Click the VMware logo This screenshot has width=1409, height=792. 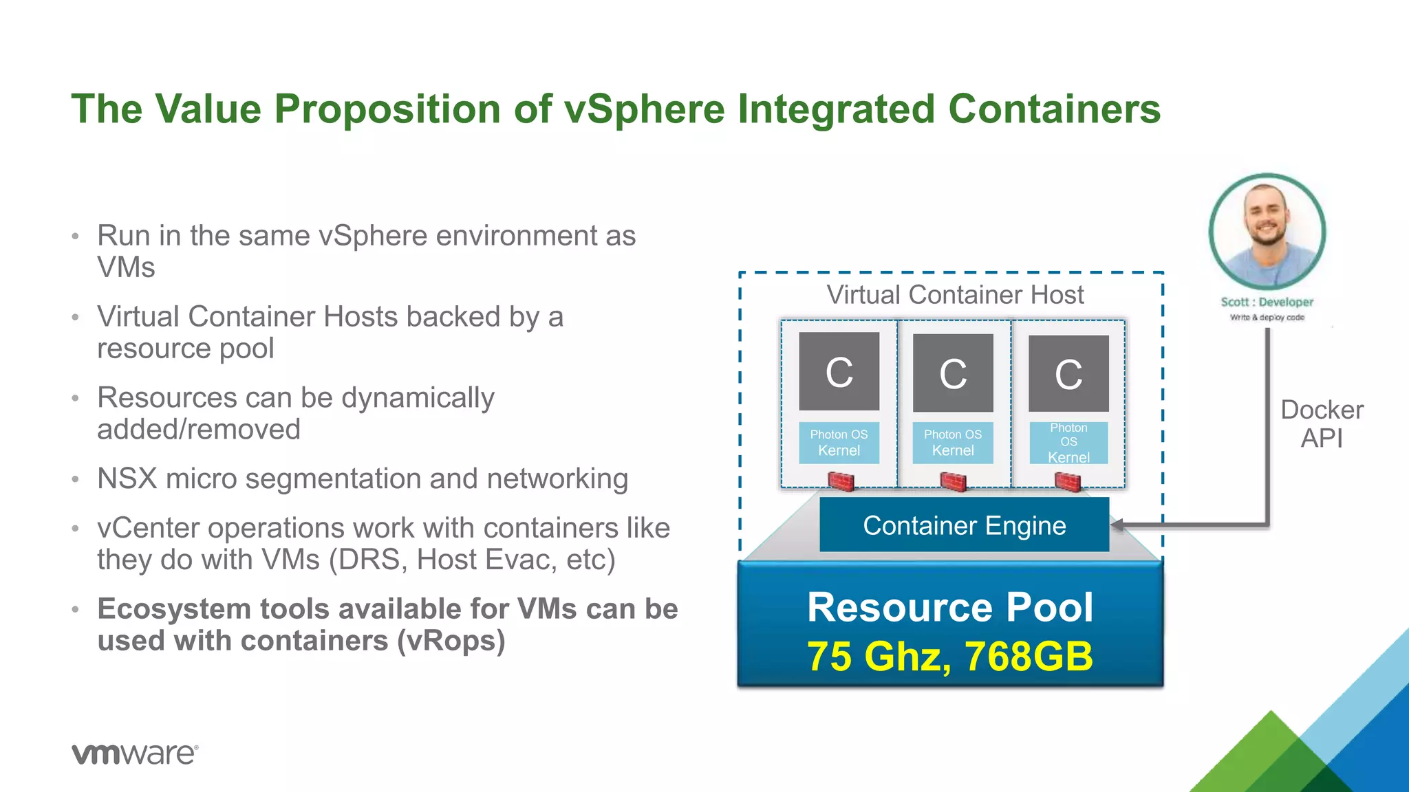[x=135, y=753]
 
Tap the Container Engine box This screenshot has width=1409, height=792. [x=964, y=525]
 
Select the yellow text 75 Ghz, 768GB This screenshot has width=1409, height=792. [x=949, y=656]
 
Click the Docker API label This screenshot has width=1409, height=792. [x=1321, y=423]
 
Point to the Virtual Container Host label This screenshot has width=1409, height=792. [x=954, y=295]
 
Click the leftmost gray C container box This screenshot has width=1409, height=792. [x=839, y=371]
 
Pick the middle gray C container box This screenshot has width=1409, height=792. [x=953, y=373]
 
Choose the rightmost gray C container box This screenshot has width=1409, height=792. [x=1068, y=373]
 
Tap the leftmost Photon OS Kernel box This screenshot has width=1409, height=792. [x=839, y=443]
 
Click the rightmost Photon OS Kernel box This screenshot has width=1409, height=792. [x=1068, y=443]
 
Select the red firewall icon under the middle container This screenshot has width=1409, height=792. [x=953, y=481]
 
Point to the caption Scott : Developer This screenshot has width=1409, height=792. [x=1267, y=302]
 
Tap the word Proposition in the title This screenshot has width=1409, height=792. [x=387, y=109]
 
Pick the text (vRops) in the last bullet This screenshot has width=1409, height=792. [x=451, y=641]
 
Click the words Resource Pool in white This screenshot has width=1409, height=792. [x=949, y=608]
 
